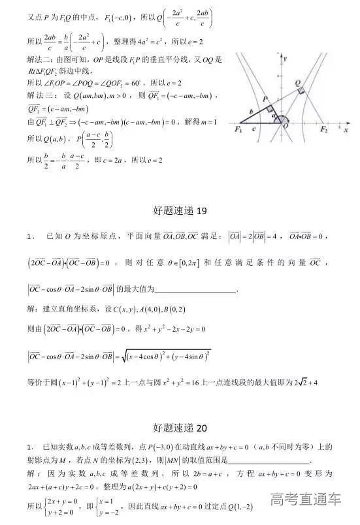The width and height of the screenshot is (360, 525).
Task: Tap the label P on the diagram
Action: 265,98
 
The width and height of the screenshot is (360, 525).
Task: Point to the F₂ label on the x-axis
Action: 323,131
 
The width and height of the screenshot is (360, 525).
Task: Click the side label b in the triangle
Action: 250,112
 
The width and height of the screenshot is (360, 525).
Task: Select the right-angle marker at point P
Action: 269,108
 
